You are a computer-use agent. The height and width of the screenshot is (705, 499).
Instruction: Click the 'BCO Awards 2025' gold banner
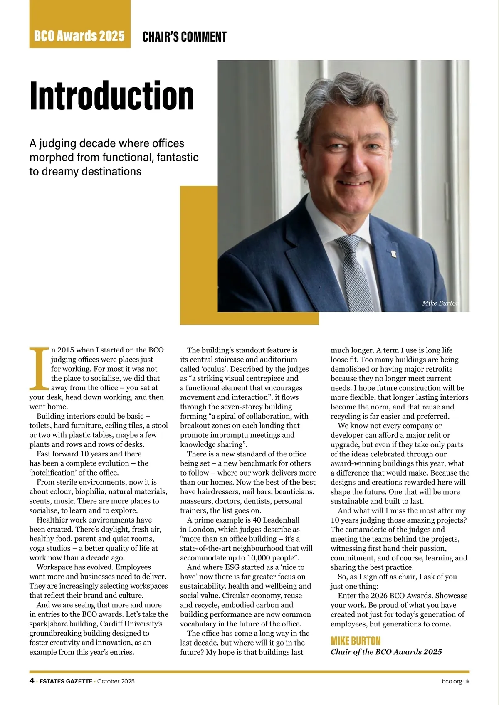click(x=79, y=36)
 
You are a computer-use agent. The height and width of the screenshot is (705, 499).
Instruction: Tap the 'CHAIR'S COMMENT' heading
click(x=184, y=37)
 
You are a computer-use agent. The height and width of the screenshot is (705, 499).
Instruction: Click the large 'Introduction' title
click(x=112, y=96)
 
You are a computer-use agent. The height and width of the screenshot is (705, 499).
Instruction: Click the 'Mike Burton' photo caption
click(x=440, y=303)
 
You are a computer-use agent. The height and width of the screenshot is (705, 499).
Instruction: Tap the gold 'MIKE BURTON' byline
click(x=356, y=641)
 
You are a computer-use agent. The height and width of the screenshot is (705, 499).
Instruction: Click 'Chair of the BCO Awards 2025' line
click(x=386, y=652)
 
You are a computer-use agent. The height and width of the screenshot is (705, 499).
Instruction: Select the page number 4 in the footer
click(x=32, y=681)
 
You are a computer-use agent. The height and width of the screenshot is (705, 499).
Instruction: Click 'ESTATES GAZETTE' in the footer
click(x=66, y=681)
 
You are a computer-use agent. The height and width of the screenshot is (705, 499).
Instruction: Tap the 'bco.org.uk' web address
click(x=456, y=681)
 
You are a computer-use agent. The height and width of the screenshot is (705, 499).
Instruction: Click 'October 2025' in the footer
click(x=116, y=681)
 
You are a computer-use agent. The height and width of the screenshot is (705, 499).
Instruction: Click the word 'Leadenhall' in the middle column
click(x=279, y=520)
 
